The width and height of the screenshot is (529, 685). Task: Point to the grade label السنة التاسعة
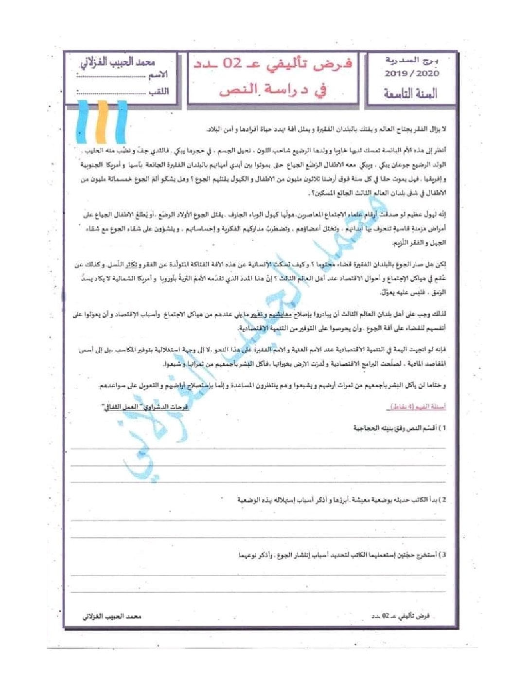coord(411,93)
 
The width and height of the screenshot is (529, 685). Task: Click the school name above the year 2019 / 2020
coord(412,61)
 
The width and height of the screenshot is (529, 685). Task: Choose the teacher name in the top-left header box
coord(123,63)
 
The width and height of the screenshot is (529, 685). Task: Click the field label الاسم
coord(158,75)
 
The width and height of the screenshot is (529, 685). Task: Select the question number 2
coord(443,500)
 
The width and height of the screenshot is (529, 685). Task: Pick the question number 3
coord(443,555)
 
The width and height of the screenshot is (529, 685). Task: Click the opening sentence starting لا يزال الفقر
coord(326,129)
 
